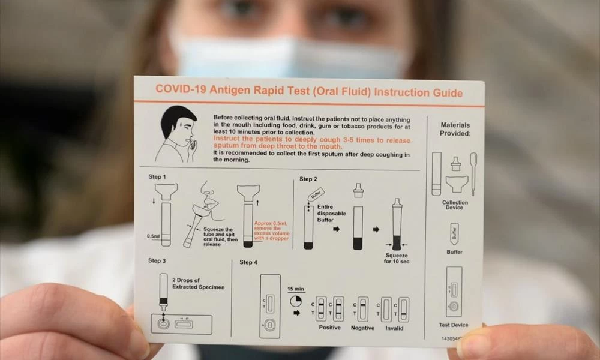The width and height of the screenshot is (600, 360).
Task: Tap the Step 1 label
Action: [x=157, y=177]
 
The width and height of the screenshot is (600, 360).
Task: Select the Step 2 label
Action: [x=308, y=179]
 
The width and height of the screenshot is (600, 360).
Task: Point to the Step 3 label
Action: [x=157, y=260]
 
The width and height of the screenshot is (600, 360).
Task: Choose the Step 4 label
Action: [x=248, y=262]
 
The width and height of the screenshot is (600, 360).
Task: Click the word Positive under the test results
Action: [x=329, y=328]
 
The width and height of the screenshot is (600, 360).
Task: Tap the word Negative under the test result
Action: [x=362, y=328]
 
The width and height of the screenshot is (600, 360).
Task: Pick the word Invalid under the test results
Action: [x=394, y=328]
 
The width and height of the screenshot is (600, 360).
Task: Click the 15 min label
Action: [x=296, y=289]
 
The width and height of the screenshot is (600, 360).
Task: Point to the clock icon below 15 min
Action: [x=295, y=301]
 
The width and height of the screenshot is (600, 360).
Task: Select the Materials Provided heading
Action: [x=455, y=129]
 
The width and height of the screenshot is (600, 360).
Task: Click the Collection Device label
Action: [x=455, y=205]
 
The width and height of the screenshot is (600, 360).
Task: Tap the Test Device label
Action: [x=454, y=325]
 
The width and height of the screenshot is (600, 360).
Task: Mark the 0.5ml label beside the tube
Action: [x=153, y=236]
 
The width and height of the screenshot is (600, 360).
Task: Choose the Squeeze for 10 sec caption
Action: [x=397, y=258]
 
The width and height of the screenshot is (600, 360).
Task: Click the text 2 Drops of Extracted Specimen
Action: [x=198, y=283]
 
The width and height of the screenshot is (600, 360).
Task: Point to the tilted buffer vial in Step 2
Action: [x=316, y=195]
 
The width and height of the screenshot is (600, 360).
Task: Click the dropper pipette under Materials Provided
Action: [x=473, y=173]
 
